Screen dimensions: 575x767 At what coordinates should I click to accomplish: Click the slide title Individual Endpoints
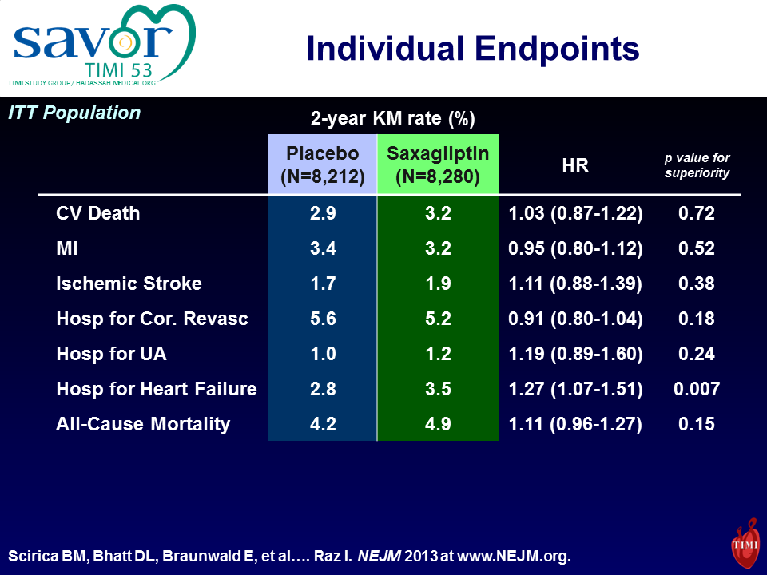coord(473,49)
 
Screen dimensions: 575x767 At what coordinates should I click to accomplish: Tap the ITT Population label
coord(74,113)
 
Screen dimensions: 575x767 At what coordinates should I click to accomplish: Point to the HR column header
coord(575,166)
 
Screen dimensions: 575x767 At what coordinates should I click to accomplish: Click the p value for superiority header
coord(697,165)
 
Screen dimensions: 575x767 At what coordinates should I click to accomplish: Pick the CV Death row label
coord(98,213)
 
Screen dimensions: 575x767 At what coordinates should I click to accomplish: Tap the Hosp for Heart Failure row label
coord(157,389)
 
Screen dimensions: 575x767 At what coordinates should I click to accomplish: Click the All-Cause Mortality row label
coord(143,424)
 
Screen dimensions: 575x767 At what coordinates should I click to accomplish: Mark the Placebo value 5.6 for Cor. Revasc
coord(323,319)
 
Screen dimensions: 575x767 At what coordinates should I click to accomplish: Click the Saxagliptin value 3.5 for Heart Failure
coord(438,389)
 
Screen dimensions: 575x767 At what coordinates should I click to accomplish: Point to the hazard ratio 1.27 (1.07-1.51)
coord(575,389)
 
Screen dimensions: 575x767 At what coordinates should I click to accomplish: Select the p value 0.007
coord(697,389)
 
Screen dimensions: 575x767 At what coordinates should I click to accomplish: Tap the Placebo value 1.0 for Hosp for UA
coord(323,354)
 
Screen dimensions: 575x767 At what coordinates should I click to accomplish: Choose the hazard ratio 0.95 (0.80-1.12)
coord(575,248)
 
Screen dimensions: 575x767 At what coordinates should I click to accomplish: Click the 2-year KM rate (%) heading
coord(393,120)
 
